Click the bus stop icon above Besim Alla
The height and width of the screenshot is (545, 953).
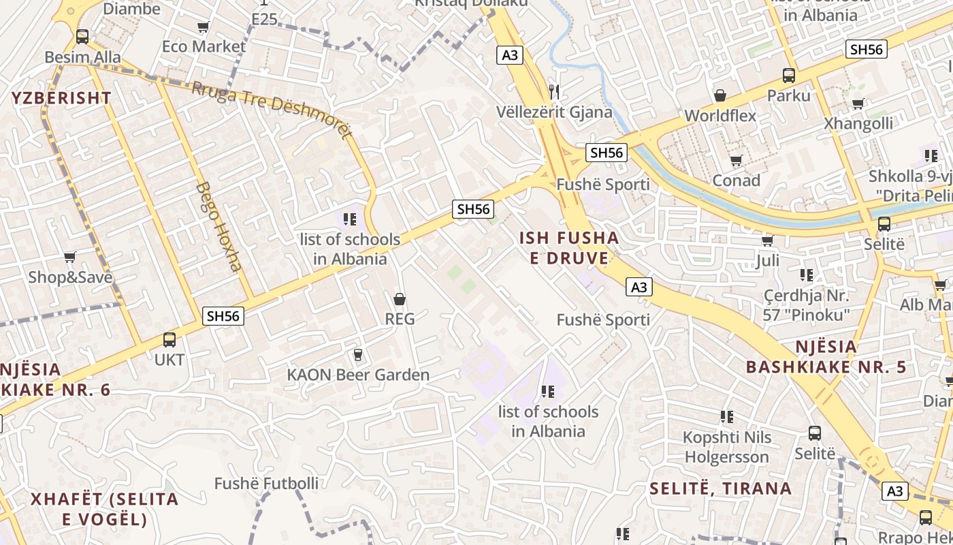pos(82,37)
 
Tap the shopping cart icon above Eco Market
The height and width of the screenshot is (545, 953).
pos(203,27)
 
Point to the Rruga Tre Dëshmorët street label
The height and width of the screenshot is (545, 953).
pos(272,109)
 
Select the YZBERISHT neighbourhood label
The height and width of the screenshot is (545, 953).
pos(61,97)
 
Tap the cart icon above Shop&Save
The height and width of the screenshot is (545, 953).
pos(69,257)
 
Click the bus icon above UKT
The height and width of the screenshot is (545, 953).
pos(169,339)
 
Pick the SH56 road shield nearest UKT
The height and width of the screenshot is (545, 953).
pos(223,316)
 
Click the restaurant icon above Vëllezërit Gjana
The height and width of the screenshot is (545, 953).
pos(554,91)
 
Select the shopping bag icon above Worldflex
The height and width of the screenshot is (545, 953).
pos(720,95)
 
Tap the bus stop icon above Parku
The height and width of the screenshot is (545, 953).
pos(789,75)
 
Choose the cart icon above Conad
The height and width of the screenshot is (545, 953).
pos(736,161)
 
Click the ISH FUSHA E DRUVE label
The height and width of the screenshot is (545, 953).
pos(569,248)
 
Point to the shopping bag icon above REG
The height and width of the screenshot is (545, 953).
pos(400,299)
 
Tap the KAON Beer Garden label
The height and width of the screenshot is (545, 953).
pos(358,375)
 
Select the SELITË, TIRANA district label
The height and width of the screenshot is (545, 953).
pos(720,488)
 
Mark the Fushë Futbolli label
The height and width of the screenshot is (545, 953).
pos(266,484)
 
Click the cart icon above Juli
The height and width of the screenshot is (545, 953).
pos(767,240)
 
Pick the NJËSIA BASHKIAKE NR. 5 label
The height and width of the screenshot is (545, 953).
pos(826,357)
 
